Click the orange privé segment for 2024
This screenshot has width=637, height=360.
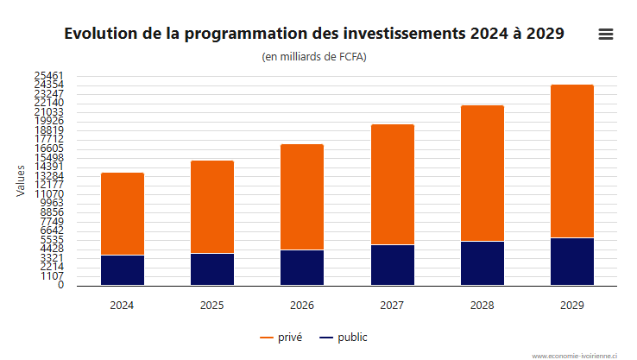[123, 214]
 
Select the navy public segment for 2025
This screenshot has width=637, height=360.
[212, 269]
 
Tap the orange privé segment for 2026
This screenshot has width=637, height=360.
[302, 197]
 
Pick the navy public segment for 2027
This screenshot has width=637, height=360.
[393, 265]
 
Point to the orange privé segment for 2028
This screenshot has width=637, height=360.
[482, 173]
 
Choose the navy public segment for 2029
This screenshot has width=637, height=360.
[572, 262]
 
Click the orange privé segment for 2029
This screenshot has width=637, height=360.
[572, 161]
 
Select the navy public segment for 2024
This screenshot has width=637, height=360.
[123, 270]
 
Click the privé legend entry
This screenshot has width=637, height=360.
[281, 338]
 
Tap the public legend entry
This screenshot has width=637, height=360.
[344, 338]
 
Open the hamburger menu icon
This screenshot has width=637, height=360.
[606, 35]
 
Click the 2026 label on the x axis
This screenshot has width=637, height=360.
[302, 305]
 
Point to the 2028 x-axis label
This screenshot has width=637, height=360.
[482, 305]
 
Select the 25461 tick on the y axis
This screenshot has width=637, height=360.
[49, 76]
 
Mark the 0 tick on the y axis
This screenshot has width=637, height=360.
[61, 285]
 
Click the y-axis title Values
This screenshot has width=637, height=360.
[21, 180]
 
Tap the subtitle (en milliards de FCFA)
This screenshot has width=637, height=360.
[314, 57]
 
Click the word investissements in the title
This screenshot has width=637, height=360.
[404, 34]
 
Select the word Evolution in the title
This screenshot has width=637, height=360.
[101, 34]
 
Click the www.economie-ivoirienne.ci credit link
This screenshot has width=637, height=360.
[575, 356]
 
